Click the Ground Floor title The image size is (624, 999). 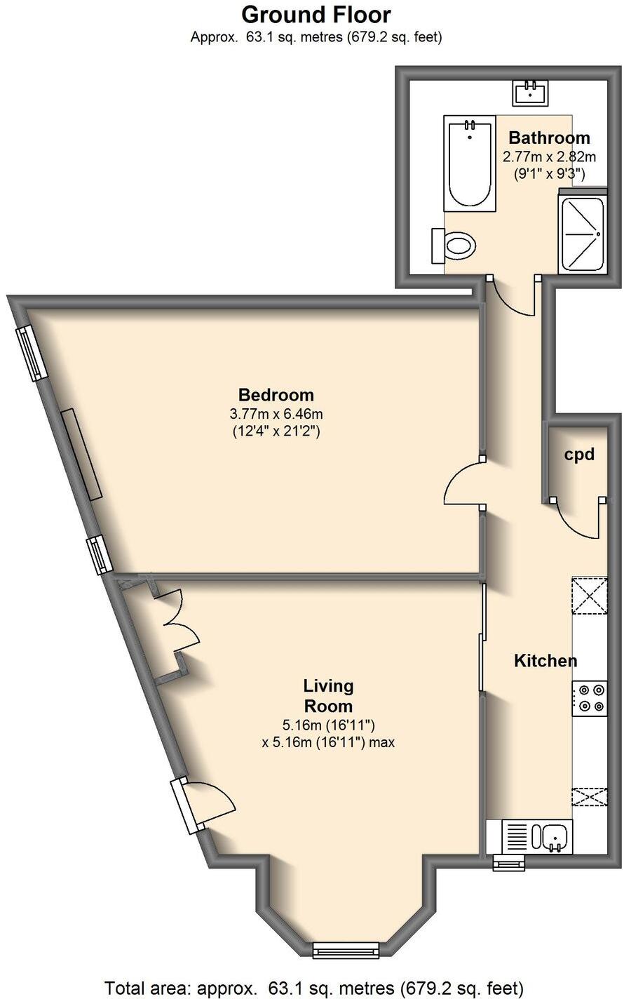pos(316,14)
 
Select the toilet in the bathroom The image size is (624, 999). pos(456,245)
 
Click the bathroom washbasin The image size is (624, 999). pos(531,91)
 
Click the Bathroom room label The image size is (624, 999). pos(549,138)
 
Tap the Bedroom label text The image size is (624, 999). pos(276,394)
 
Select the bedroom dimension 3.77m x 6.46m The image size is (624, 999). pos(276,414)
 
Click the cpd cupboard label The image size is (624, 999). pos(579,455)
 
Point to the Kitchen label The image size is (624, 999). pos(545,661)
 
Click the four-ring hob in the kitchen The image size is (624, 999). pos(590,699)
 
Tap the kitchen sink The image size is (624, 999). pos(552,837)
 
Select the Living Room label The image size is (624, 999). pos(327,695)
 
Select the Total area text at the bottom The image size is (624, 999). pos(313,988)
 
